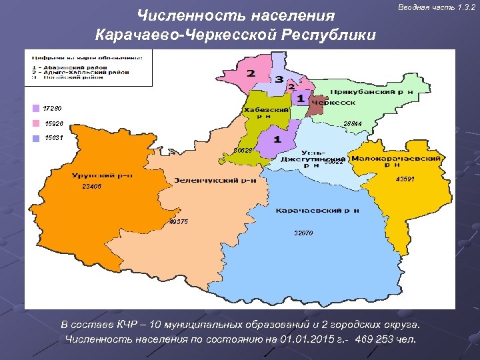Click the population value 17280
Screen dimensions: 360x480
[53, 108]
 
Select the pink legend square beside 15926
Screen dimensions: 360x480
[35, 123]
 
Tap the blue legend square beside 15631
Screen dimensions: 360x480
[35, 138]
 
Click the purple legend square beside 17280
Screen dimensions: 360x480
[35, 108]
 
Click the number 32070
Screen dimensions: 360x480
[303, 233]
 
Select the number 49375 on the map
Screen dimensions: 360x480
[179, 222]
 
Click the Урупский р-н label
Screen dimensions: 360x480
[102, 175]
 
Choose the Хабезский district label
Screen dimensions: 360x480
[266, 112]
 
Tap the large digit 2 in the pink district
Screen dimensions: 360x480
[251, 73]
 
